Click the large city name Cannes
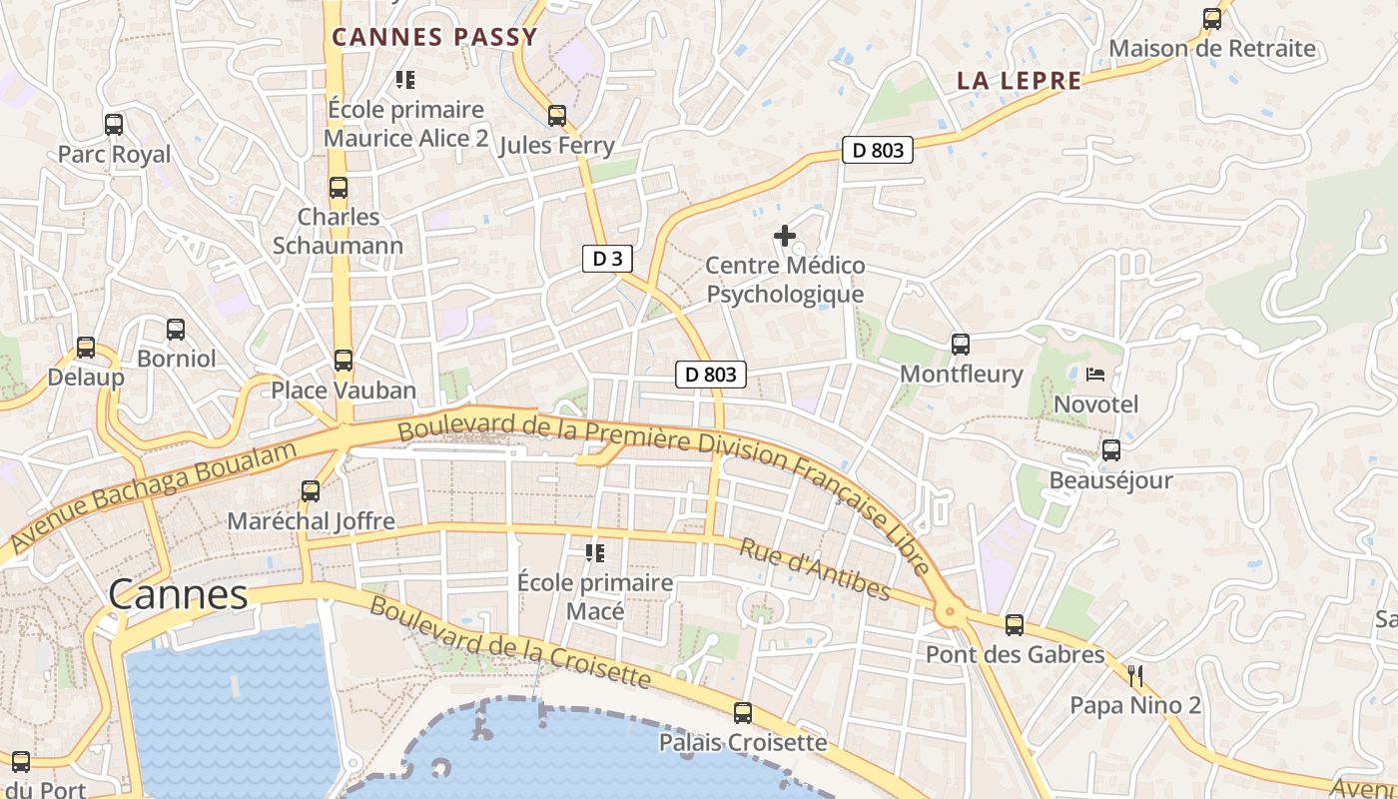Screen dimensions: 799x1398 [x=178, y=595]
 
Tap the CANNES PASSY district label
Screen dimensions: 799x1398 [x=434, y=38]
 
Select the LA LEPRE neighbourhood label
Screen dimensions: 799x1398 [x=1019, y=81]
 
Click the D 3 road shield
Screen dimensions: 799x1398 [x=607, y=259]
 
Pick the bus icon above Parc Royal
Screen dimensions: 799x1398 [x=114, y=125]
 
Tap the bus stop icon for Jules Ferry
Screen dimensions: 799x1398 [x=557, y=116]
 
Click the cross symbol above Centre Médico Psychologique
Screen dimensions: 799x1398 [x=785, y=236]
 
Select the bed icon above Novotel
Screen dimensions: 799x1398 [x=1095, y=376]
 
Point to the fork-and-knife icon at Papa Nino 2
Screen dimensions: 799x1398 [x=1135, y=676]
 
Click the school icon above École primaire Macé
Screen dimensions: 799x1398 [x=595, y=552]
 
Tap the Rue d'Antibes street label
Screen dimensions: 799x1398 [x=815, y=569]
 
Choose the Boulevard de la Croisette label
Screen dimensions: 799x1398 [x=509, y=643]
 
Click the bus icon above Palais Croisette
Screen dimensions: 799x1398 [x=743, y=713]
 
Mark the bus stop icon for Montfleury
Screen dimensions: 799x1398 [x=961, y=345]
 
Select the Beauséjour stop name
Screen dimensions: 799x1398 [x=1110, y=480]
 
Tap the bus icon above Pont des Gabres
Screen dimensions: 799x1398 [x=1015, y=625]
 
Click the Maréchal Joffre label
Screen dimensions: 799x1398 [x=312, y=521]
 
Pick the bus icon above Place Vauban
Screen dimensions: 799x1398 [x=344, y=361]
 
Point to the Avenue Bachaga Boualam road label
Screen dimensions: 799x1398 [x=155, y=496]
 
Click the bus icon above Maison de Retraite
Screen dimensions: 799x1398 [x=1212, y=18]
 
